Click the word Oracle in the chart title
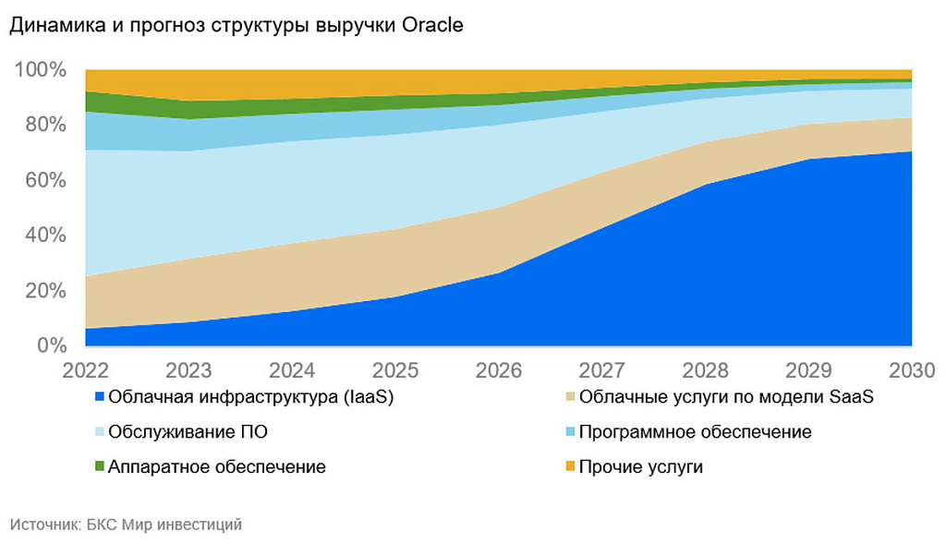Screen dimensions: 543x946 coord(432,26)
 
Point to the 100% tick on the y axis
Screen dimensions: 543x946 coord(40,70)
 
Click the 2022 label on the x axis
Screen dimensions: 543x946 coord(85,370)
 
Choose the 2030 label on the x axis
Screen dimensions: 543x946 coord(912,370)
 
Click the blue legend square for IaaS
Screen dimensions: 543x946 coord(98,398)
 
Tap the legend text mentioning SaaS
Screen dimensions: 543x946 coord(726,398)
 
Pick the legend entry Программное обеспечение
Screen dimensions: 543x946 coord(695,432)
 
